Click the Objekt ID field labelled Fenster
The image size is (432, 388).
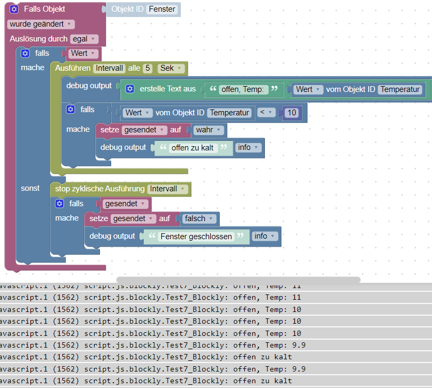(x=162, y=9)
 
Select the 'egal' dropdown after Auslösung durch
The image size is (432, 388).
(x=84, y=39)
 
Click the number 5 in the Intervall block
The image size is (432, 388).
(x=148, y=68)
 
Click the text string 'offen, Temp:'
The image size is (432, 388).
(x=244, y=89)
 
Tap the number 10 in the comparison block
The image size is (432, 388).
(x=291, y=113)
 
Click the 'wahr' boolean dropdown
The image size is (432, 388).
(x=208, y=130)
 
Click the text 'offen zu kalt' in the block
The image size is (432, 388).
(x=194, y=148)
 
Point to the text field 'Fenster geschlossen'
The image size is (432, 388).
(x=196, y=237)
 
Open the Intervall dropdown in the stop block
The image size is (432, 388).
(x=168, y=189)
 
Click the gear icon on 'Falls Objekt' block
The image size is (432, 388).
(x=14, y=9)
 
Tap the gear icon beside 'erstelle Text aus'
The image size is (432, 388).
(x=130, y=89)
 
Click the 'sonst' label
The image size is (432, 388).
(x=30, y=188)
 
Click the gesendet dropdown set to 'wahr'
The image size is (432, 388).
(x=144, y=130)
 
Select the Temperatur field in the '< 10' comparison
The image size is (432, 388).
(x=229, y=113)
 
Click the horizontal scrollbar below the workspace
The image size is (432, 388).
(x=238, y=280)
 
